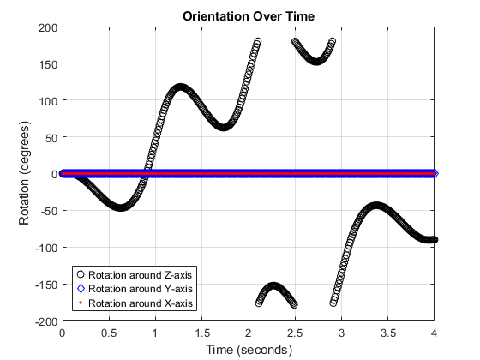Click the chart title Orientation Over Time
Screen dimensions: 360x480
[248, 16]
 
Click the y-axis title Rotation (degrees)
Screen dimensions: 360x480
[26, 174]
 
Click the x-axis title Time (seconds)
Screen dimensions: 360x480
[248, 350]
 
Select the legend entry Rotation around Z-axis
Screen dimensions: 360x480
[141, 274]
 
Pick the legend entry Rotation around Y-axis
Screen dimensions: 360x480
[141, 289]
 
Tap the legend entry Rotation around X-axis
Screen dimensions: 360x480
[141, 303]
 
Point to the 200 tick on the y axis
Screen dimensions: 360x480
[47, 27]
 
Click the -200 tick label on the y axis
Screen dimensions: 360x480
[45, 321]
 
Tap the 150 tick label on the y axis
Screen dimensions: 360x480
[47, 64]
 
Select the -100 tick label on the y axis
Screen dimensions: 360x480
[45, 248]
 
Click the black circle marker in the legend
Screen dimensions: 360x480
[81, 274]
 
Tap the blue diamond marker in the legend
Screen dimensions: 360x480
[81, 289]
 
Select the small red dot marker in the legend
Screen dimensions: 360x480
[81, 303]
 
